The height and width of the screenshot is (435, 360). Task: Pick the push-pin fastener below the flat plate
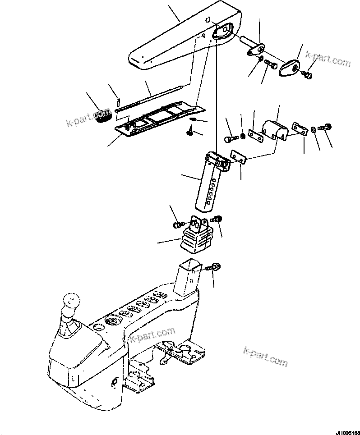[x=189, y=131]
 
